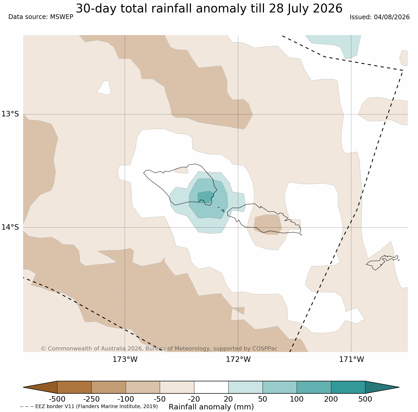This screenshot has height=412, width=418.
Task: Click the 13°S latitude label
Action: click(x=10, y=114)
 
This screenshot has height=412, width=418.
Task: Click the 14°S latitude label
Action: click(x=10, y=227)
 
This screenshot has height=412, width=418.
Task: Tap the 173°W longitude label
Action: click(x=125, y=360)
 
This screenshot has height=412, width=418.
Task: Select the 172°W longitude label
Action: click(x=238, y=360)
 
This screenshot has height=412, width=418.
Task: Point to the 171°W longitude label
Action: click(x=351, y=360)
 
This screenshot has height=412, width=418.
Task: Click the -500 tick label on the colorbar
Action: click(x=57, y=399)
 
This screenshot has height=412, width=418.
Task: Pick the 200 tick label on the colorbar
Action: click(x=331, y=399)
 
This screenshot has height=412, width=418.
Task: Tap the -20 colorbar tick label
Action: click(x=194, y=399)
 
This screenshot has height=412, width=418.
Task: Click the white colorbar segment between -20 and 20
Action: click(x=211, y=387)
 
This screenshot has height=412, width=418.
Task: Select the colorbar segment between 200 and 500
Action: click(x=348, y=387)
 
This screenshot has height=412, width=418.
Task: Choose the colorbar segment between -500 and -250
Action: click(x=74, y=387)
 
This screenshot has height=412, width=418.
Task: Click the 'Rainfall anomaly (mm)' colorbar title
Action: click(x=211, y=407)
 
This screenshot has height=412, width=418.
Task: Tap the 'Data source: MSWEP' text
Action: click(x=41, y=17)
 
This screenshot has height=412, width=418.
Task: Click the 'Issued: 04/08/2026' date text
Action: click(x=380, y=17)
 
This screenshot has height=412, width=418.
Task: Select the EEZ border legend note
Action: click(x=89, y=407)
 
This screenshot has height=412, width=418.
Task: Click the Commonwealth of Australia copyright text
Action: click(x=159, y=349)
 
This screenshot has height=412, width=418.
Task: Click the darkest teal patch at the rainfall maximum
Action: click(x=205, y=197)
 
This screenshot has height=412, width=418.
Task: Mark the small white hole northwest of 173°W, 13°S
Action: click(x=104, y=88)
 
